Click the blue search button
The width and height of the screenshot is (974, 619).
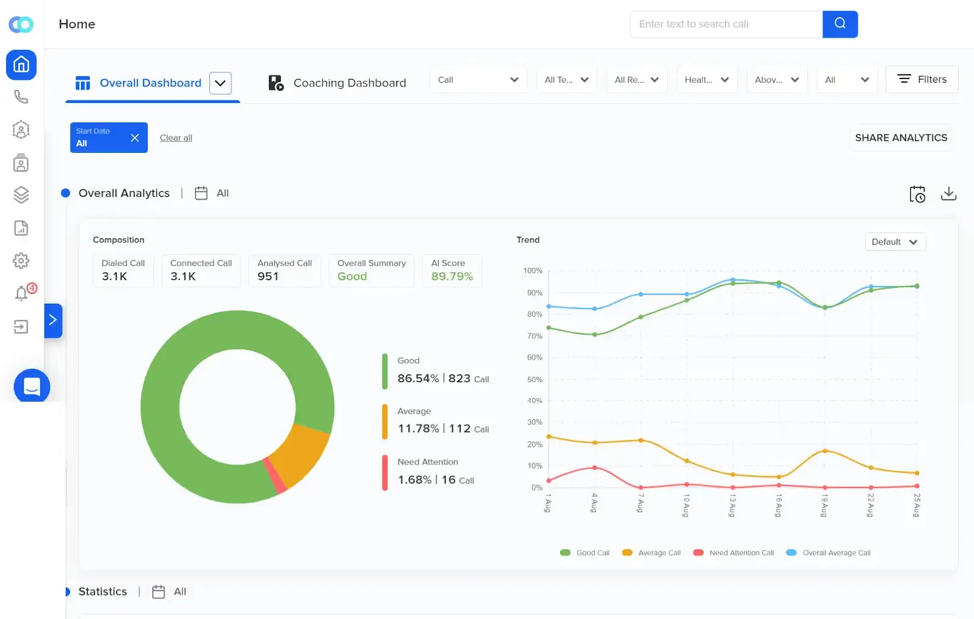point(839,24)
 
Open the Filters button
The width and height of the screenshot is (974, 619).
point(922,79)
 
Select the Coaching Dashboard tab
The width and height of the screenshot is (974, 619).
point(337,83)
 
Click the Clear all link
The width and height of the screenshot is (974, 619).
point(176,138)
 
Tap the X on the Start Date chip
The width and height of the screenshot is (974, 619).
point(135,138)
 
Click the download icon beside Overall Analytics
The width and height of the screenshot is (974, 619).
point(948,194)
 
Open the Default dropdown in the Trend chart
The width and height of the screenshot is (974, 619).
point(895,242)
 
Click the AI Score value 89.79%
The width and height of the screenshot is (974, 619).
point(452,276)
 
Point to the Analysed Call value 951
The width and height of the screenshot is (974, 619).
point(268,276)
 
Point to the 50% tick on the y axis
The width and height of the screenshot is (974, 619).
point(534,379)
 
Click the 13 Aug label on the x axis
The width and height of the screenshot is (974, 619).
point(732,505)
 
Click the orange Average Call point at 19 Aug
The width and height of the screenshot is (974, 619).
point(825,451)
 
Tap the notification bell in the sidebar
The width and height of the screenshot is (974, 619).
point(21,293)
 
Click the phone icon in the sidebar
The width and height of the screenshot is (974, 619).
point(21,97)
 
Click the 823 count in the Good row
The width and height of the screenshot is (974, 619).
point(459,378)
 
